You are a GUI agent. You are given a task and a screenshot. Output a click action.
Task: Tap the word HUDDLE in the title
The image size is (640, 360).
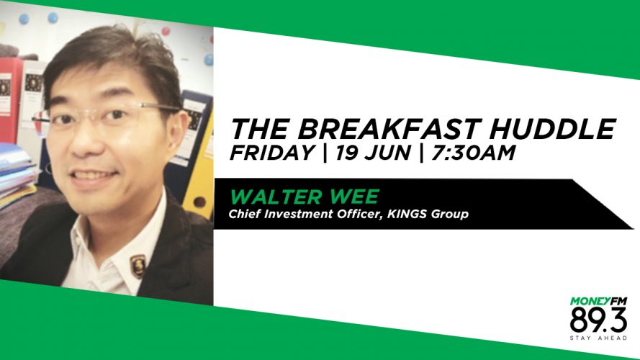point(552,129)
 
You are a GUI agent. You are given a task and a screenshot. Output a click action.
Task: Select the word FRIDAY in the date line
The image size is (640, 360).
point(272,153)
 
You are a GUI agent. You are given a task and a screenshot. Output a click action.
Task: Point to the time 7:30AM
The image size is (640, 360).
point(473,153)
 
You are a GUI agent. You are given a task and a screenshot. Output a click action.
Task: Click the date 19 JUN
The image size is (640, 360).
point(373,153)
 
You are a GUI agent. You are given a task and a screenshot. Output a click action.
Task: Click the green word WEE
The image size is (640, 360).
point(354,197)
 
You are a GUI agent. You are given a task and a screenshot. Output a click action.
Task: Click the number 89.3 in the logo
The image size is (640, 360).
point(598,320)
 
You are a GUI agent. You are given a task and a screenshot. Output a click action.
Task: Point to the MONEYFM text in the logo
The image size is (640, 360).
point(598,301)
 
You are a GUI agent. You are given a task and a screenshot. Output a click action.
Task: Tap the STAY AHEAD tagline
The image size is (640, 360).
point(598,338)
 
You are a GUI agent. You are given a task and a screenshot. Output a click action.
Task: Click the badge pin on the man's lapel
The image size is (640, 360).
point(138,265)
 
